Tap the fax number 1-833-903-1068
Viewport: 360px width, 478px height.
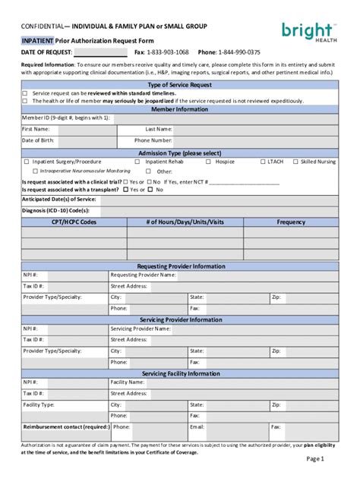(x=168, y=52)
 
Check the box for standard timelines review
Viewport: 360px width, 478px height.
(x=25, y=93)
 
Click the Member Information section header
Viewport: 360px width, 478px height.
(x=179, y=109)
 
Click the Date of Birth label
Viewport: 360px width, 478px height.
(x=37, y=140)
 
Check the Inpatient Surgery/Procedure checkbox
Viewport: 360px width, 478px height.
(x=27, y=162)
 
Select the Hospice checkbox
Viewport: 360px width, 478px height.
(x=209, y=162)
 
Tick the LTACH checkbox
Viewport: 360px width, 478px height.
(x=261, y=162)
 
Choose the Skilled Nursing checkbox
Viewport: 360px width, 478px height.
(x=295, y=162)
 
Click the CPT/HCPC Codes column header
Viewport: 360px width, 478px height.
(x=74, y=222)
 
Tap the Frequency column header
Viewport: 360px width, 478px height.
(x=291, y=222)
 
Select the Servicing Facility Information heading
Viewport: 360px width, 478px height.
(x=181, y=374)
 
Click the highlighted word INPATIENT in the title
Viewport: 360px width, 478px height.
(x=36, y=39)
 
